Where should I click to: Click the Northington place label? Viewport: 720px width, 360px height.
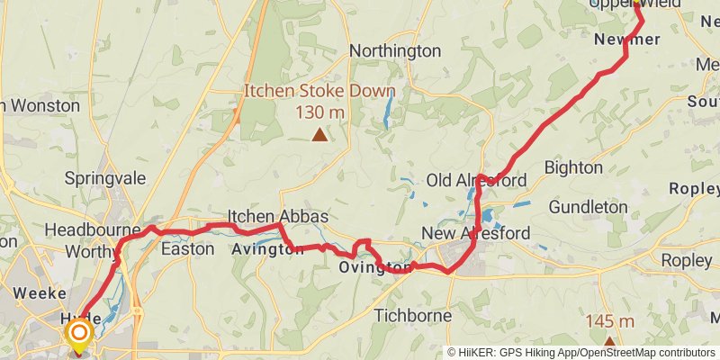[x=395, y=50]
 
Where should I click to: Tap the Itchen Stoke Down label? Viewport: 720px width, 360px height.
[x=319, y=91]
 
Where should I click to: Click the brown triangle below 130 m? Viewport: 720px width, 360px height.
[x=319, y=135]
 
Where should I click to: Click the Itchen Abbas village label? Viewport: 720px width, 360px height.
[x=277, y=217]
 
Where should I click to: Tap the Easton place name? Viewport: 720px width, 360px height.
[x=187, y=248]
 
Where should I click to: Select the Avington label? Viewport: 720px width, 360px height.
[x=267, y=249]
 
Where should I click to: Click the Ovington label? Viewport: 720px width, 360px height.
[x=375, y=267]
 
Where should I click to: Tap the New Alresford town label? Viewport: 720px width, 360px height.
[x=476, y=234]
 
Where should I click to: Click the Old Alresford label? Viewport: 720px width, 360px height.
[x=476, y=181]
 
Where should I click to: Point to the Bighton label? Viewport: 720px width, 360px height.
[x=573, y=167]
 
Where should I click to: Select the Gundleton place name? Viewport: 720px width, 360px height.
[x=588, y=207]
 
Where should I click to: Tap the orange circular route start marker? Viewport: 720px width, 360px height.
[x=79, y=334]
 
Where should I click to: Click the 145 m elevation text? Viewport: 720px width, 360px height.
[x=609, y=321]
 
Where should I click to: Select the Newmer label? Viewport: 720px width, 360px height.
[x=627, y=39]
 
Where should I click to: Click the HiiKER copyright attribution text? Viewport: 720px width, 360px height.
[x=581, y=352]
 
